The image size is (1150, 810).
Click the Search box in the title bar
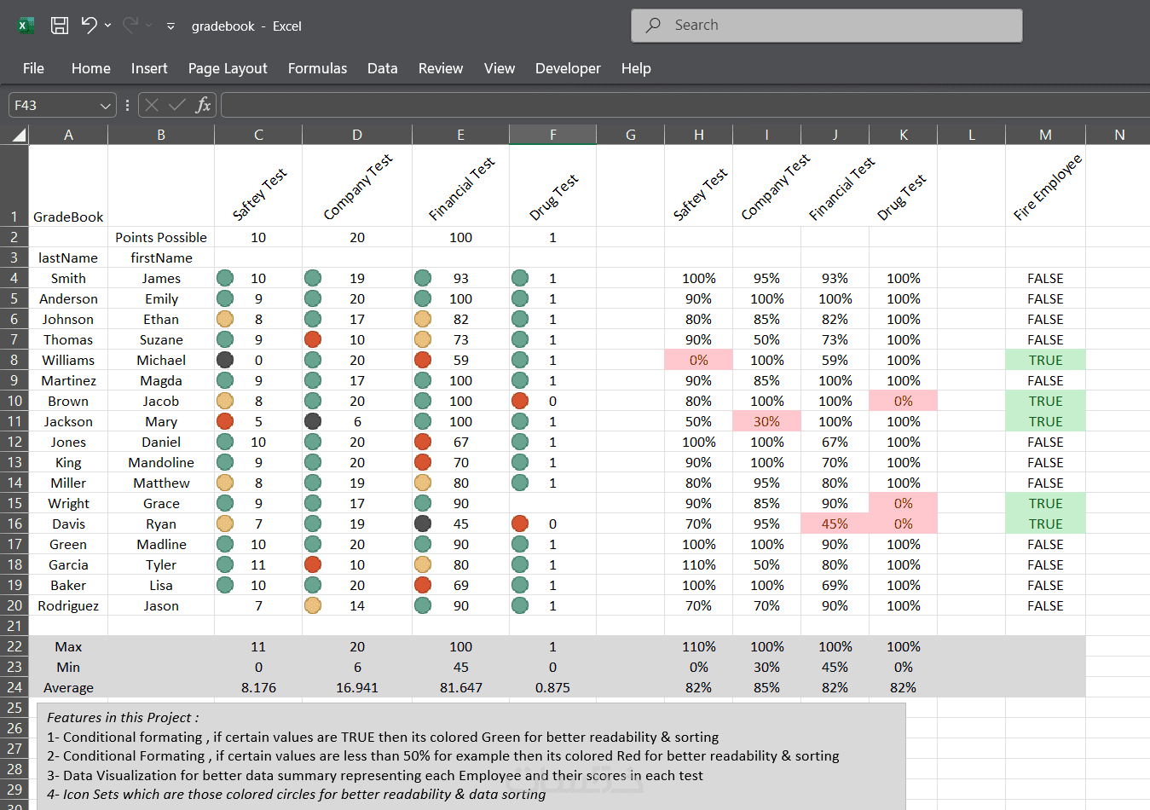coord(825,26)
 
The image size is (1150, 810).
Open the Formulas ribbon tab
coord(317,68)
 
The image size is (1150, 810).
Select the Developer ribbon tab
coord(568,68)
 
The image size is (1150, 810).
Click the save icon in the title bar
coord(60,26)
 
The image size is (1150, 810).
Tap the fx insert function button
coord(203,105)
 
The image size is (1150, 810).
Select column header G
coord(630,135)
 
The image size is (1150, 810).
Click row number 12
coord(14,442)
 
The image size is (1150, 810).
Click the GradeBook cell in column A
coord(68,217)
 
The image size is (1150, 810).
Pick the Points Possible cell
coord(161,237)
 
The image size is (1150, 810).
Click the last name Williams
coord(68,360)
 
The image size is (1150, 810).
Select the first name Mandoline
coord(161,462)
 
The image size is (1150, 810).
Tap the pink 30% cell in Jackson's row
coord(766,421)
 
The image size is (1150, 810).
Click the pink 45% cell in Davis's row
coord(835,524)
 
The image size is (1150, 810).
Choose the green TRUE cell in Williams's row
coord(1045,360)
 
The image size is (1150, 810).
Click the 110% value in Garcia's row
coord(698,564)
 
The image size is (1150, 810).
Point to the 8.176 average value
coord(258,687)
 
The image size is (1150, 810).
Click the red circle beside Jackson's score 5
coord(225,421)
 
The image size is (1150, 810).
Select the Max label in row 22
coord(68,646)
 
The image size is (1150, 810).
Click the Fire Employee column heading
coord(1047,188)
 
